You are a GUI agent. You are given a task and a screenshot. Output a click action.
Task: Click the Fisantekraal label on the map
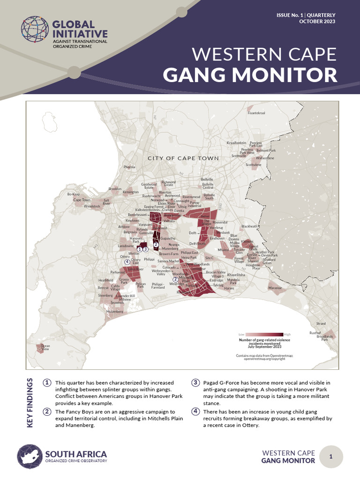coord(256,113)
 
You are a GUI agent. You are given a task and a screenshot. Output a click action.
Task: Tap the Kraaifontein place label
coord(236,142)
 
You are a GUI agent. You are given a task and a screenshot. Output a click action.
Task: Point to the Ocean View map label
coord(45,347)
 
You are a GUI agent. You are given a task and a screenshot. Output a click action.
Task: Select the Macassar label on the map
coord(275,288)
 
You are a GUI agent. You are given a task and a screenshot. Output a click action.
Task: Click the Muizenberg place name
coord(115,311)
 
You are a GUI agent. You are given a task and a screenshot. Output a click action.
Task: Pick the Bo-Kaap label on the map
coord(74,194)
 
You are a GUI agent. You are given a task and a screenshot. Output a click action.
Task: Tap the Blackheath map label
coord(249,226)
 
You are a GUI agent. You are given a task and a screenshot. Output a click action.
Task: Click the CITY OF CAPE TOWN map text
coord(183,158)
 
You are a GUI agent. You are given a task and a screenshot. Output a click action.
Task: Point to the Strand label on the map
coord(321,323)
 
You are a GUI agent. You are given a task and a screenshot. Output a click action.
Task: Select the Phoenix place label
coord(129,167)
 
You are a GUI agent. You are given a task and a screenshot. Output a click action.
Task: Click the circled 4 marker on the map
coord(127,255)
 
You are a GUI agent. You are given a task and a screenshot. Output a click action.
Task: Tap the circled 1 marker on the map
coord(140,249)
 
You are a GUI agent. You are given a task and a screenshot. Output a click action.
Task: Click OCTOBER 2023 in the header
coord(317,22)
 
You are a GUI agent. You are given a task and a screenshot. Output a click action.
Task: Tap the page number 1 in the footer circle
coord(331,457)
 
